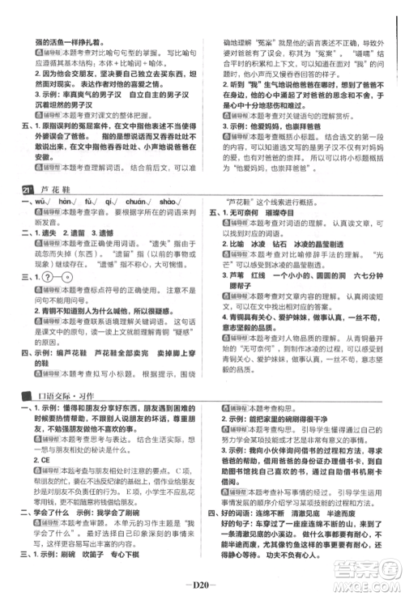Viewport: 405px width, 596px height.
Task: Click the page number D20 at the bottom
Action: (x=202, y=580)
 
